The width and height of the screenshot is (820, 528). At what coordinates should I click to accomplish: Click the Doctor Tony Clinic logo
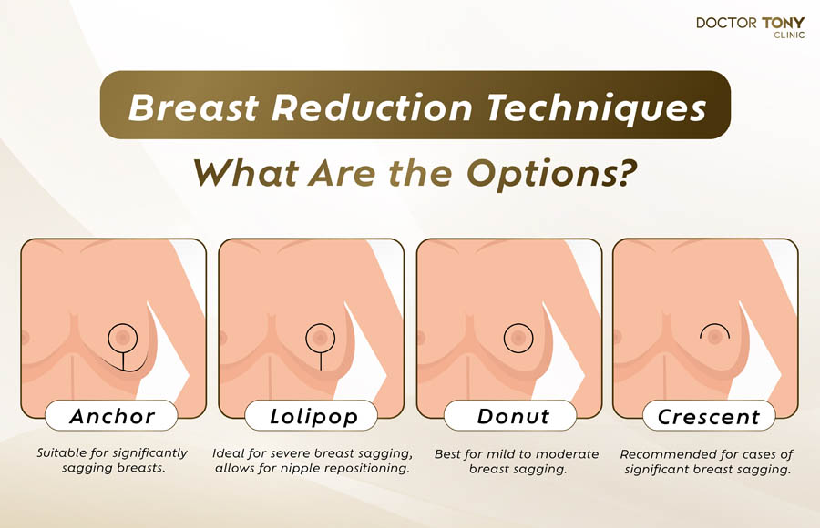[750, 27]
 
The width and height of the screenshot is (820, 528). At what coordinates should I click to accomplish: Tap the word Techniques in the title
[589, 108]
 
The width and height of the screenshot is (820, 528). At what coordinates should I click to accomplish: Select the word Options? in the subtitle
[555, 173]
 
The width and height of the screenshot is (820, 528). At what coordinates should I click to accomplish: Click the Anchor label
[113, 417]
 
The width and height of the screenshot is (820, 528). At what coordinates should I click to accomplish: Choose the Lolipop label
[312, 417]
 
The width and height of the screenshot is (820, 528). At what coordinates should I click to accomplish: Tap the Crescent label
[708, 417]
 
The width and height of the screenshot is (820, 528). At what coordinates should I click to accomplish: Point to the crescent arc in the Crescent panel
[713, 326]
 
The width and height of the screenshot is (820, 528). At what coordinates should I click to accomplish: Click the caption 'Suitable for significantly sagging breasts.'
[112, 460]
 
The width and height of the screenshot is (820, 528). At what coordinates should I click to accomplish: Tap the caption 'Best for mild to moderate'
[517, 461]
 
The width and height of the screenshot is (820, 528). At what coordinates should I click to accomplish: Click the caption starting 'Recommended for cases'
[707, 461]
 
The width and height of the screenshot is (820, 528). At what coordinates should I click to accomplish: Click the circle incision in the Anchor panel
[122, 338]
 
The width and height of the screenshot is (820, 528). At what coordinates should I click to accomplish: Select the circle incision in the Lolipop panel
[320, 338]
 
